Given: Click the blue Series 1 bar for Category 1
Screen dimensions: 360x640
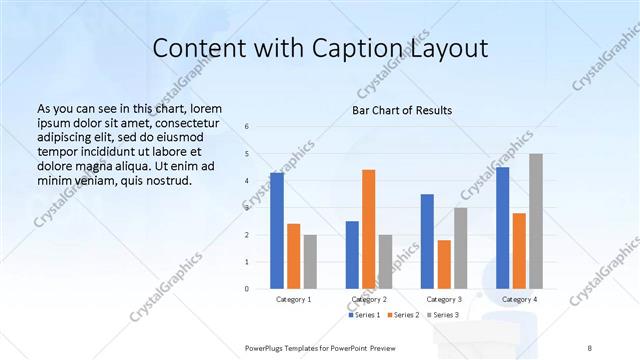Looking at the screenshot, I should click(277, 231).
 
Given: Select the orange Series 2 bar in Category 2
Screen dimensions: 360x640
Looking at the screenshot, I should click(368, 229).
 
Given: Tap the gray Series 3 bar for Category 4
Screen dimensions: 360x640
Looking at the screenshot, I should click(536, 221).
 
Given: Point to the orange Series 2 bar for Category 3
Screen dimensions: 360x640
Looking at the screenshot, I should click(444, 264).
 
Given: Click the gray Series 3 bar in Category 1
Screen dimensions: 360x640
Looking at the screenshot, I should click(310, 261).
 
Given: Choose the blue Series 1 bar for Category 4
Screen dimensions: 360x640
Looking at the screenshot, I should click(502, 228).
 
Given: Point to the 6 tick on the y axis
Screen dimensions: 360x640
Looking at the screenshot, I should click(247, 127).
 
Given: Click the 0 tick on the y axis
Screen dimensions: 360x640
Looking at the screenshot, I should click(247, 289).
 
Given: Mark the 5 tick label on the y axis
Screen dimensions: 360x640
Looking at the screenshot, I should click(247, 154).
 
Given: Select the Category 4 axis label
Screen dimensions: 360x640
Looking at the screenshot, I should click(519, 299).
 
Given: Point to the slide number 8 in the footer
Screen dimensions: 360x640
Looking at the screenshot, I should click(589, 347).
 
